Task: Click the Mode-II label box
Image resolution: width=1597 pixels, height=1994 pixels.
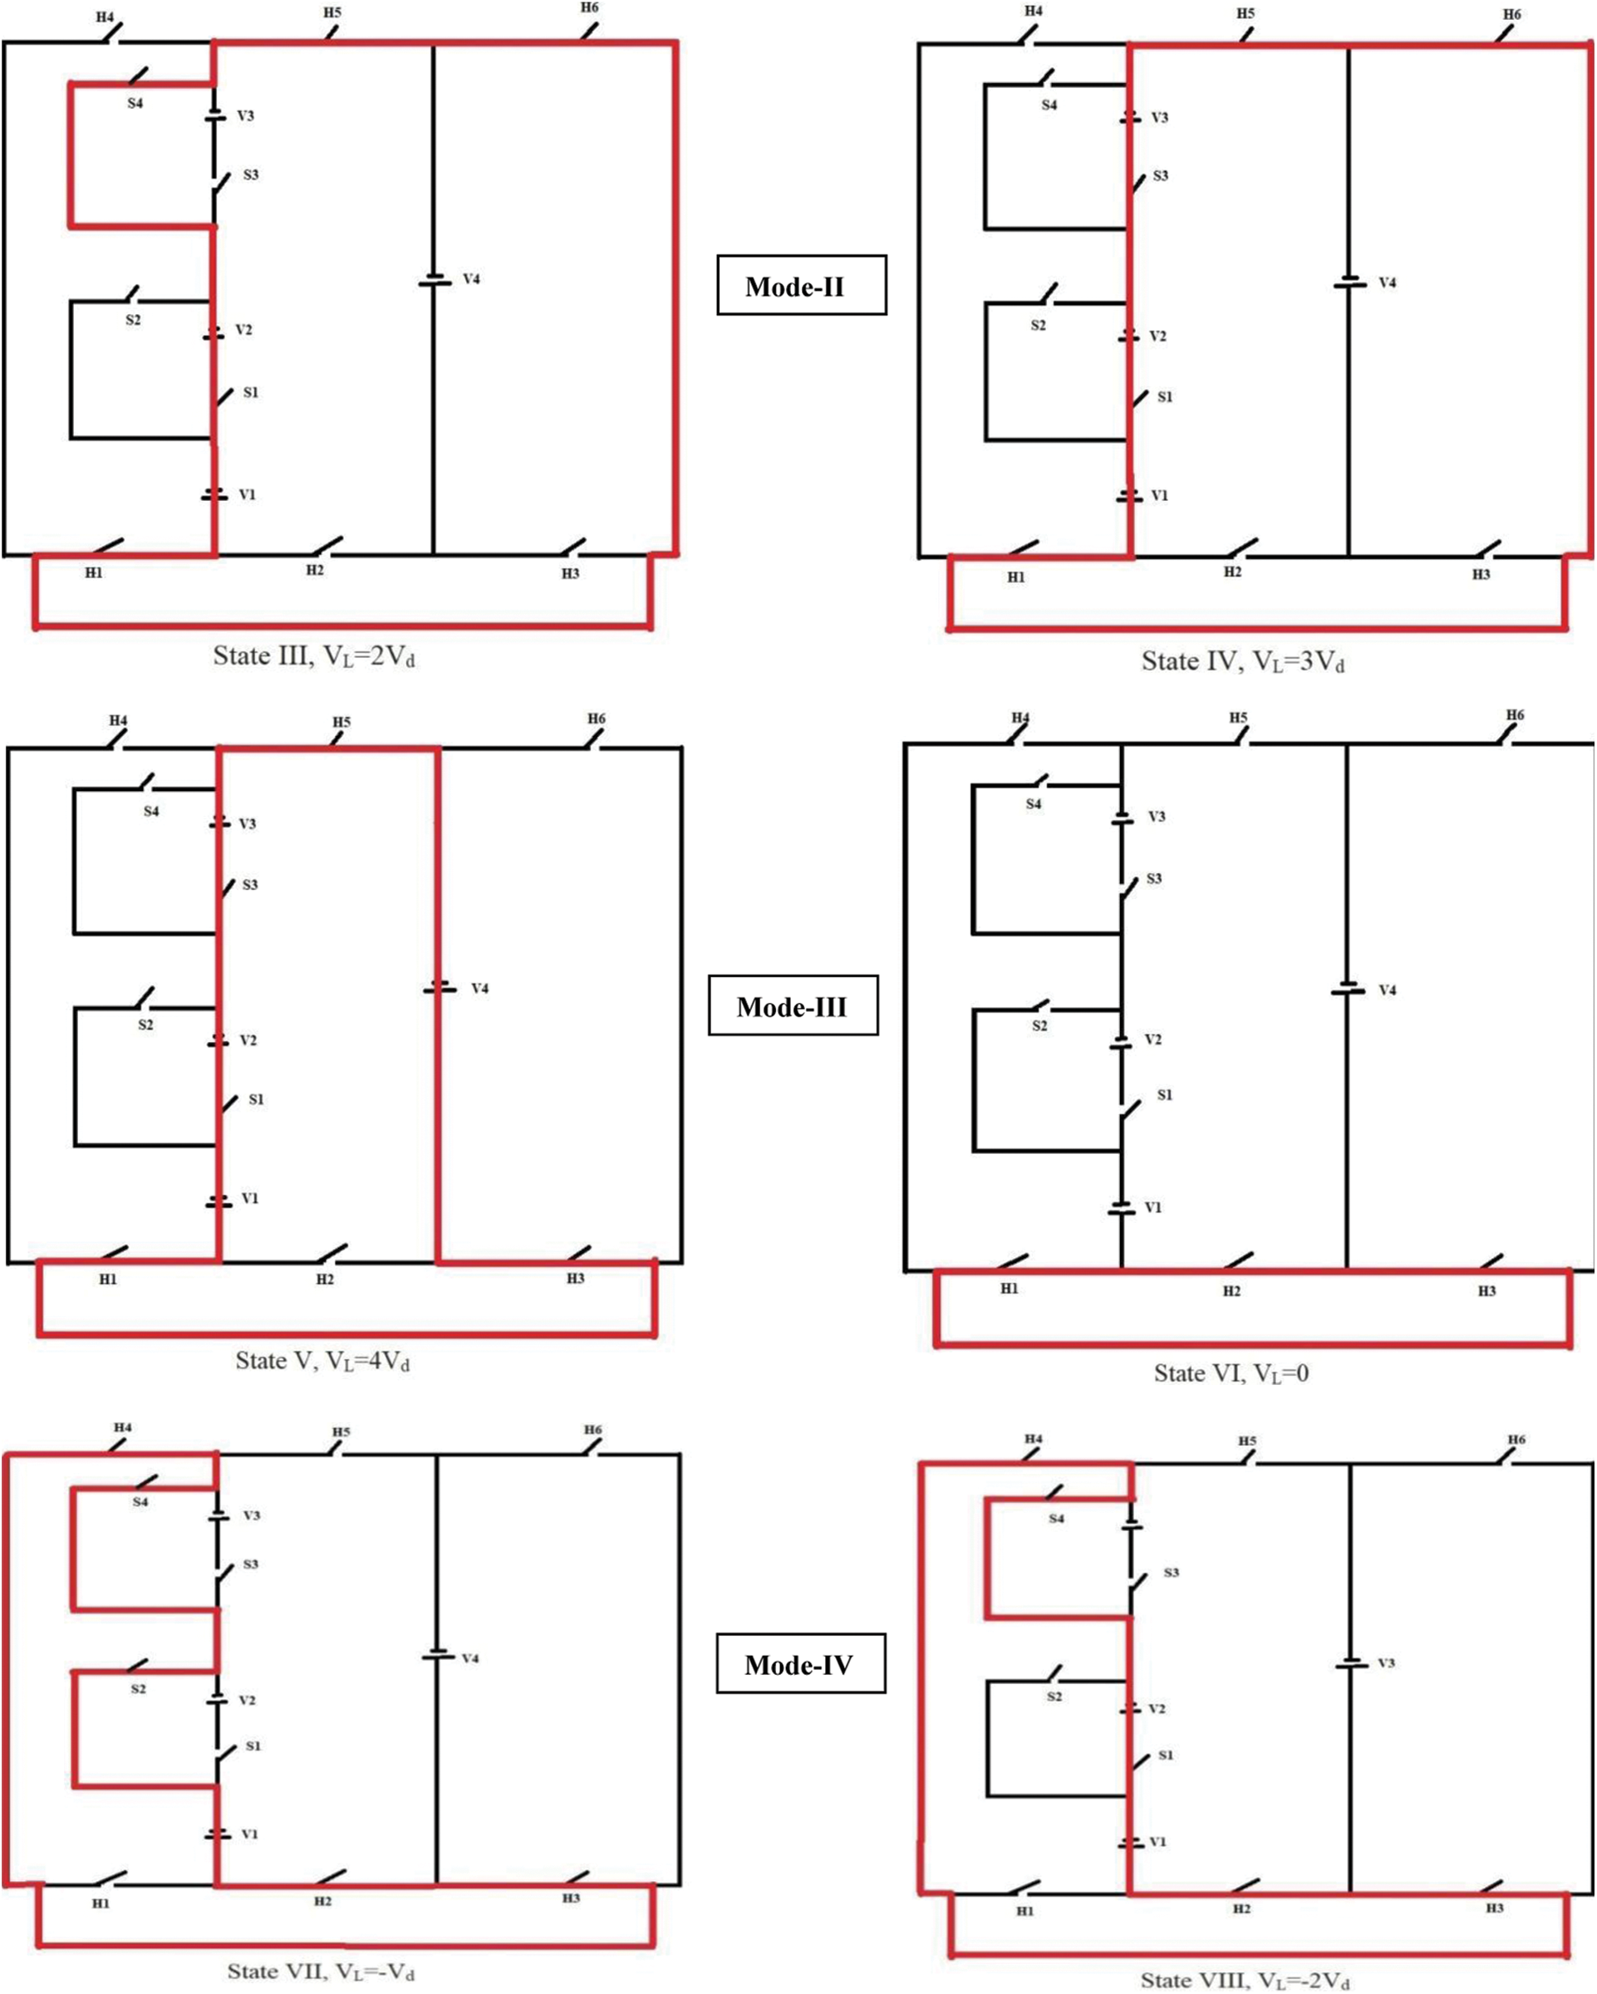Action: pyautogui.click(x=802, y=285)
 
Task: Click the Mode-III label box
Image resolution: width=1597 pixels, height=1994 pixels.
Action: pyautogui.click(x=793, y=1005)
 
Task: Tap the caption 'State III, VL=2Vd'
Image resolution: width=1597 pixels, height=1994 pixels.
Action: pyautogui.click(x=314, y=656)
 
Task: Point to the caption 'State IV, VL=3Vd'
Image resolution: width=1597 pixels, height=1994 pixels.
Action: pyautogui.click(x=1243, y=662)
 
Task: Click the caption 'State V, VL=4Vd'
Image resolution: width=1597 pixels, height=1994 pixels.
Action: pyautogui.click(x=322, y=1362)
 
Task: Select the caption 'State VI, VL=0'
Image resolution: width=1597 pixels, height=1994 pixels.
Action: pyautogui.click(x=1231, y=1373)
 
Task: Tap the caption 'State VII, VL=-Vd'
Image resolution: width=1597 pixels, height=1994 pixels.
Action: pyautogui.click(x=321, y=1972)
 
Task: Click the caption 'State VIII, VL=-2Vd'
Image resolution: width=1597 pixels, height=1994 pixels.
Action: pyautogui.click(x=1245, y=1980)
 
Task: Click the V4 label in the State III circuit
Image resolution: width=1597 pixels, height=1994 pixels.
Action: pyautogui.click(x=472, y=278)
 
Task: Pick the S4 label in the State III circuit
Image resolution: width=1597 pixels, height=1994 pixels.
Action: pyautogui.click(x=135, y=104)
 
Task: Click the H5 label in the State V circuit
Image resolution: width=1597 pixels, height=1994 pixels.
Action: pyautogui.click(x=342, y=721)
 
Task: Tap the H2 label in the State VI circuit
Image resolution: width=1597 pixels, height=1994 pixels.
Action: pyautogui.click(x=1231, y=1291)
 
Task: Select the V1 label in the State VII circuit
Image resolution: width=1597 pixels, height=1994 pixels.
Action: pyautogui.click(x=249, y=1834)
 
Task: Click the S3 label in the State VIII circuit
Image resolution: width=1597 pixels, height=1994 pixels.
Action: pyautogui.click(x=1172, y=1572)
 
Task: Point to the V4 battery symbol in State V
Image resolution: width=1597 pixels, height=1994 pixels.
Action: pyautogui.click(x=440, y=989)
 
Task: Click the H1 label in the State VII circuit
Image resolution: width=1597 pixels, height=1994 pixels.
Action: pyautogui.click(x=101, y=1903)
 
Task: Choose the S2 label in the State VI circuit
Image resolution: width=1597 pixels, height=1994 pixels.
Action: pyautogui.click(x=1039, y=1026)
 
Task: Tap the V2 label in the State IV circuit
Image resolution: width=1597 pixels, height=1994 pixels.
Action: pyautogui.click(x=1157, y=336)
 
